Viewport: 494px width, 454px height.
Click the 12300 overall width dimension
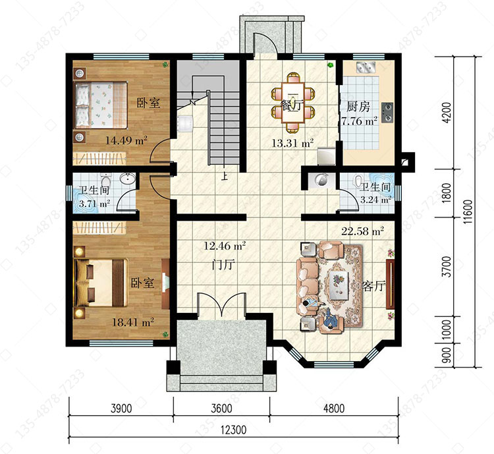(x=233, y=430)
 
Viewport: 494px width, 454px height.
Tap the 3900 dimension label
(x=121, y=409)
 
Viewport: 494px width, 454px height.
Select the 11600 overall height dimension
(x=468, y=212)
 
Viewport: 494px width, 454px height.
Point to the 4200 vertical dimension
(x=447, y=113)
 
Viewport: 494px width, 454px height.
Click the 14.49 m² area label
(x=126, y=140)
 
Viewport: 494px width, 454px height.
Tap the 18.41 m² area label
(x=133, y=322)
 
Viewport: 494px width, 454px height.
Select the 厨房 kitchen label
(x=358, y=107)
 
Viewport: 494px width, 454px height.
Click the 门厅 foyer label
(x=224, y=264)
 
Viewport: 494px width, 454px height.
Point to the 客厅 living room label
(x=374, y=286)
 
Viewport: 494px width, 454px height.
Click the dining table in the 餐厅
(x=293, y=102)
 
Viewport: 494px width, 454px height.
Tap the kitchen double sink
(x=366, y=67)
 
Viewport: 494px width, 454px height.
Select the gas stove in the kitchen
(x=387, y=113)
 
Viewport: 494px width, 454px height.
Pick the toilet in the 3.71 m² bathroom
(x=105, y=181)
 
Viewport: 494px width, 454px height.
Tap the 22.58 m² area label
(x=363, y=231)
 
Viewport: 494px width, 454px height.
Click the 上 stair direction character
(x=225, y=176)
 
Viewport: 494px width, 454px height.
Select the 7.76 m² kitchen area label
(x=360, y=121)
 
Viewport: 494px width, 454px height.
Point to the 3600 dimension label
(x=221, y=409)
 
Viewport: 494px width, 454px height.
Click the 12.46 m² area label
(x=225, y=246)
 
